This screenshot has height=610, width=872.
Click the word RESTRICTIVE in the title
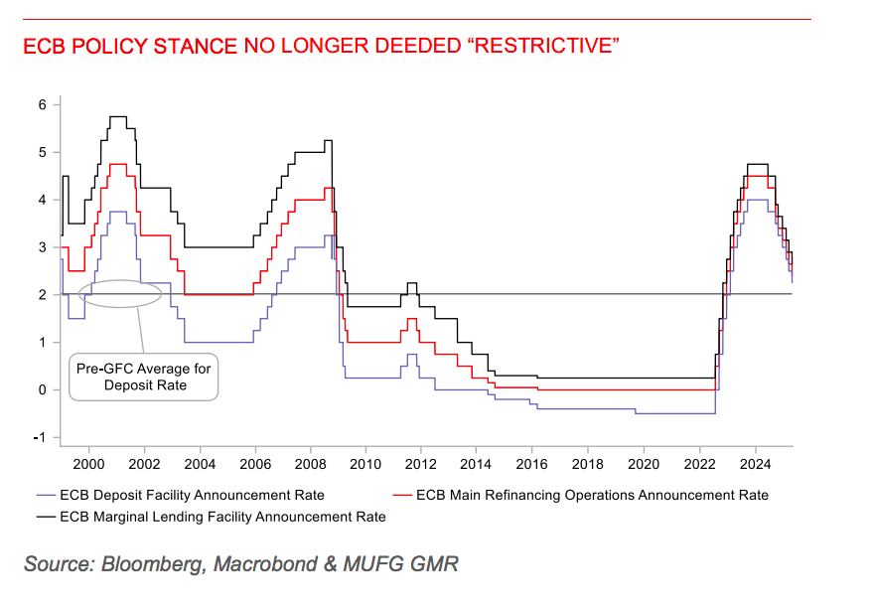(x=541, y=48)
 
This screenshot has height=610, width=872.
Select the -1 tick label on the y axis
(x=41, y=437)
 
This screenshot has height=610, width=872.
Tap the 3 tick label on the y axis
(x=43, y=247)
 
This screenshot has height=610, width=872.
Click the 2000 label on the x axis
(x=88, y=463)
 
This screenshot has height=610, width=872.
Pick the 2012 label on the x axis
(x=421, y=463)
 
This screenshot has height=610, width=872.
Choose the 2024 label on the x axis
(x=755, y=463)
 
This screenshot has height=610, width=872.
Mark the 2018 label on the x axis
(x=588, y=463)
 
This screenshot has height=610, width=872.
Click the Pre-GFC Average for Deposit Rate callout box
(x=145, y=377)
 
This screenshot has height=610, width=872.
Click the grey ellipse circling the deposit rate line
(x=120, y=293)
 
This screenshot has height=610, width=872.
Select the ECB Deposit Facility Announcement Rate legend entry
(x=192, y=495)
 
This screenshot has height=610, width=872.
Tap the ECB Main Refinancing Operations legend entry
(x=592, y=495)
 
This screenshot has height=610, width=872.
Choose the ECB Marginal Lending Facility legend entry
(x=222, y=517)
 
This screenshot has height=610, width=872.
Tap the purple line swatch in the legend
(x=45, y=495)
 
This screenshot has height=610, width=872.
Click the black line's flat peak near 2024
(x=757, y=164)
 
